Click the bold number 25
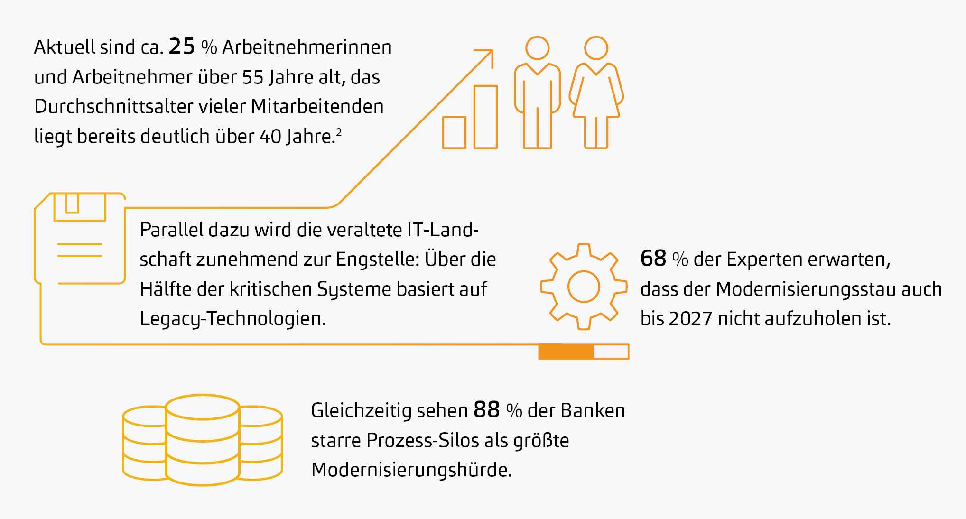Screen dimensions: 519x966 point(182,46)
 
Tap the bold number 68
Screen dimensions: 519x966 point(653,259)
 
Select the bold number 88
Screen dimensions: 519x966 point(486,409)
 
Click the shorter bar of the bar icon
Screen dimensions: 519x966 point(454,133)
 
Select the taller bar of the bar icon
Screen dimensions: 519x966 point(485,117)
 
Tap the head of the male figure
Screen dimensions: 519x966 point(537,48)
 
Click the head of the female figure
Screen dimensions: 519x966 point(596,48)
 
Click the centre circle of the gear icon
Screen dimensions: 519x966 point(584,287)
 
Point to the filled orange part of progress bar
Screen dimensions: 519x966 point(566,352)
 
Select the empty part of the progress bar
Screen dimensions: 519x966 point(611,352)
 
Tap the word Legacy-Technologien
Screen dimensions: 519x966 point(232,318)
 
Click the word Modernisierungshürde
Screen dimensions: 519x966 point(411,470)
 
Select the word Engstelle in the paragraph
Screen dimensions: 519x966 point(377,259)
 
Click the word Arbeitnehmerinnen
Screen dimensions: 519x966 point(307,47)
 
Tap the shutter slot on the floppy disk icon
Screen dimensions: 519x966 point(72,203)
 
